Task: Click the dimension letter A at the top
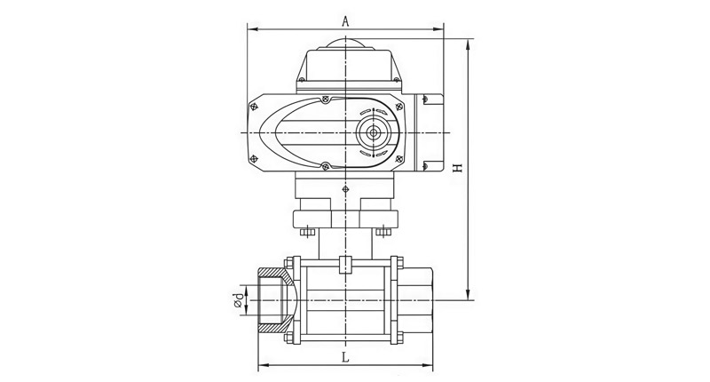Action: pyautogui.click(x=345, y=21)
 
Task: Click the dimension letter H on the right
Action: pyautogui.click(x=458, y=168)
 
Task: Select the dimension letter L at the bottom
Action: pyautogui.click(x=345, y=357)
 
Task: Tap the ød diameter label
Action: pyautogui.click(x=238, y=300)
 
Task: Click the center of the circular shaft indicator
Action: pyautogui.click(x=374, y=132)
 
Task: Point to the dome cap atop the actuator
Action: pyautogui.click(x=345, y=44)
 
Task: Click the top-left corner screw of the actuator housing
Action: pyautogui.click(x=254, y=107)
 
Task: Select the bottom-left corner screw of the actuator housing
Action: pyautogui.click(x=254, y=159)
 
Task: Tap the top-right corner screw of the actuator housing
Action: pyautogui.click(x=398, y=107)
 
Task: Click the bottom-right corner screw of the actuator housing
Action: pyautogui.click(x=398, y=159)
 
